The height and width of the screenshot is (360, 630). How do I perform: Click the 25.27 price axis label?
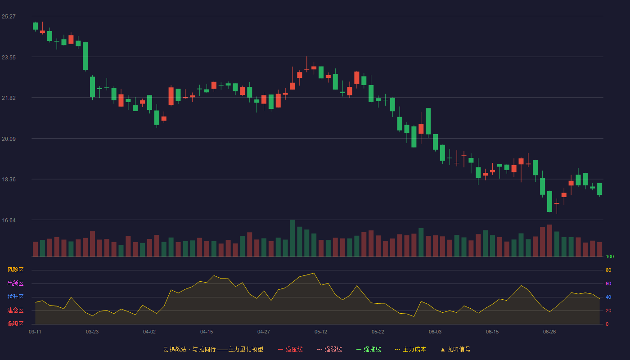(x=9, y=17)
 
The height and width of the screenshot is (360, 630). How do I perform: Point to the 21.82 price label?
(x=9, y=98)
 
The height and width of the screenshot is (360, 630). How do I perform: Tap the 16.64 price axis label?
(x=9, y=220)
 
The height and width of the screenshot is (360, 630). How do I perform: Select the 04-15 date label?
(x=207, y=332)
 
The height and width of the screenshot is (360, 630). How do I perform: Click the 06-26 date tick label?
(x=549, y=332)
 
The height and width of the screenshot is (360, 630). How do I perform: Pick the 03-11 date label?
(x=35, y=332)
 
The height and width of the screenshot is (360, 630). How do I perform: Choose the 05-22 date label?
(x=378, y=332)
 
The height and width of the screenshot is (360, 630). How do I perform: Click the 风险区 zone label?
(x=15, y=270)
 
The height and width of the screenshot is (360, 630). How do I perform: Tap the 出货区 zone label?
(x=15, y=283)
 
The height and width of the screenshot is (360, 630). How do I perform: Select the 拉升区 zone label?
(x=15, y=297)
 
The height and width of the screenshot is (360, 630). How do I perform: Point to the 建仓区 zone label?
(x=15, y=310)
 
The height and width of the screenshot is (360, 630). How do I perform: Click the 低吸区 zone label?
(x=15, y=324)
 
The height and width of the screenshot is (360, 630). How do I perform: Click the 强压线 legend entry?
(x=290, y=349)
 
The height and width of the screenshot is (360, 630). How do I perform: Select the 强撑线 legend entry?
(x=369, y=349)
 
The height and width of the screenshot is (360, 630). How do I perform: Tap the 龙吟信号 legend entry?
(x=455, y=349)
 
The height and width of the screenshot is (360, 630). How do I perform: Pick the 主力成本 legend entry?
(x=410, y=349)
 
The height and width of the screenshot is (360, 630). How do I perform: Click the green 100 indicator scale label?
(x=610, y=256)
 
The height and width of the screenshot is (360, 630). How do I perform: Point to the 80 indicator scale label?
(x=608, y=270)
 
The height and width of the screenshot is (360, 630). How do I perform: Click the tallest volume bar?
(x=292, y=238)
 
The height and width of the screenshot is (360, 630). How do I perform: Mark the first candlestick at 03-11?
(x=35, y=26)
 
